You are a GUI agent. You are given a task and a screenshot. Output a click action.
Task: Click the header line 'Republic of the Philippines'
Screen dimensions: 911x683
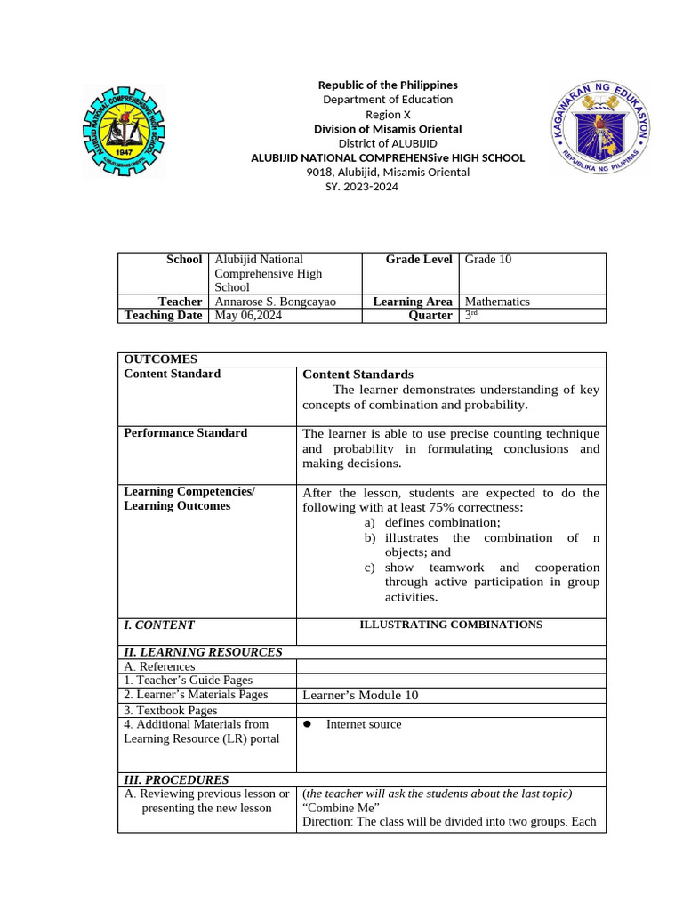point(388,85)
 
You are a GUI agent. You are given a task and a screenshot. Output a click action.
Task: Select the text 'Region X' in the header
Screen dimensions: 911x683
point(388,115)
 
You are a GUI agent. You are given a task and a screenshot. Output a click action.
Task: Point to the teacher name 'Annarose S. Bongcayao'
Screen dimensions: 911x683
point(276,302)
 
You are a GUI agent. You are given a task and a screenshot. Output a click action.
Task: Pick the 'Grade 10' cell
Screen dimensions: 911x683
point(487,260)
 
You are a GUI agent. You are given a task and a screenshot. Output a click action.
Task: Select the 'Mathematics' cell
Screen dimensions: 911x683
point(497,302)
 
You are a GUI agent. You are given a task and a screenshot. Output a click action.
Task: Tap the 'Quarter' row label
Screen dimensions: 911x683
point(430,316)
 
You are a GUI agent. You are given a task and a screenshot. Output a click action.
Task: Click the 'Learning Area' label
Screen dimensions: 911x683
point(413,302)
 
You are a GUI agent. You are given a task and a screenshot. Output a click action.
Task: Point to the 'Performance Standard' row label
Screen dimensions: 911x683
point(185,433)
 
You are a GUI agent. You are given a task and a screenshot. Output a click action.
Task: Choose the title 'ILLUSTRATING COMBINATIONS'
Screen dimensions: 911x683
point(450,625)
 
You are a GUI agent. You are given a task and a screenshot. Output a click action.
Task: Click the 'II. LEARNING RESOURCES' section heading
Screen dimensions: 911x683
point(203,652)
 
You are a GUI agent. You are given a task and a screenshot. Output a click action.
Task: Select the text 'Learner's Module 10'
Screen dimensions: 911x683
point(360,696)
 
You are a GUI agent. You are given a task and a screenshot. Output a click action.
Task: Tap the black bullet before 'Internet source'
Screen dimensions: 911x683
point(307,724)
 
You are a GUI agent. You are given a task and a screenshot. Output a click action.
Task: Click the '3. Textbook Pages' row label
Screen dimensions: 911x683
point(171,711)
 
